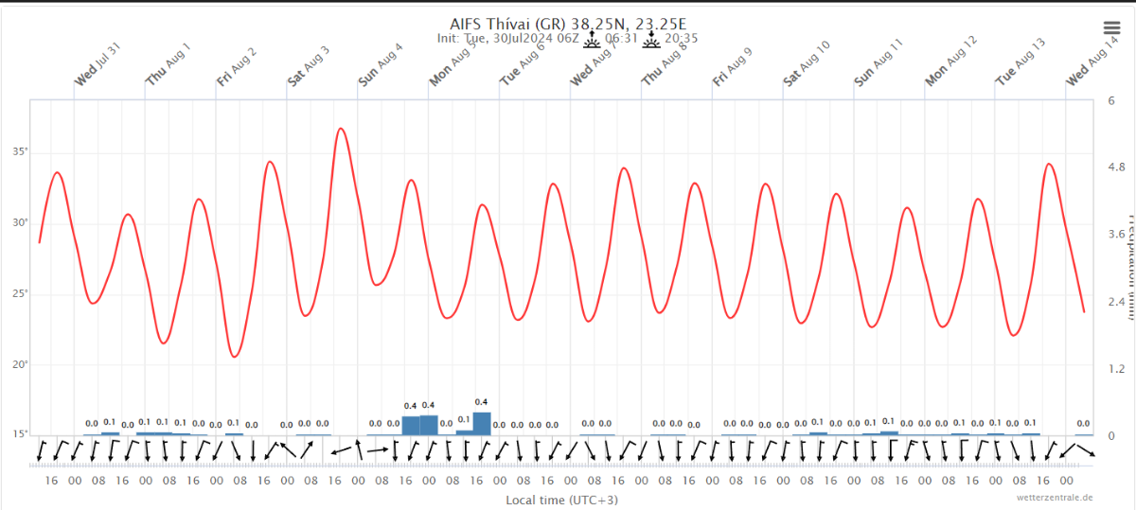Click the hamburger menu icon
pyautogui.click(x=1111, y=28)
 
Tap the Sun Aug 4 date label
pyautogui.click(x=380, y=64)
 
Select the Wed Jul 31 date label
pyautogui.click(x=98, y=64)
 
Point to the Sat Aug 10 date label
pyautogui.click(x=807, y=64)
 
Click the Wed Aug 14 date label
pyautogui.click(x=1089, y=64)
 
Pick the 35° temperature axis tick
pyautogui.click(x=20, y=151)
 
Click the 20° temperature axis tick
pyautogui.click(x=20, y=364)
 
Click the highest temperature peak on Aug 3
pyautogui.click(x=341, y=129)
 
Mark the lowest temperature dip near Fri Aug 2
pyautogui.click(x=235, y=356)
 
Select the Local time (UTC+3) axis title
pyautogui.click(x=562, y=500)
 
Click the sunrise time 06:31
pyautogui.click(x=620, y=39)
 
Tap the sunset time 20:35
pyautogui.click(x=682, y=39)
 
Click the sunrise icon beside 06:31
pyautogui.click(x=592, y=39)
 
